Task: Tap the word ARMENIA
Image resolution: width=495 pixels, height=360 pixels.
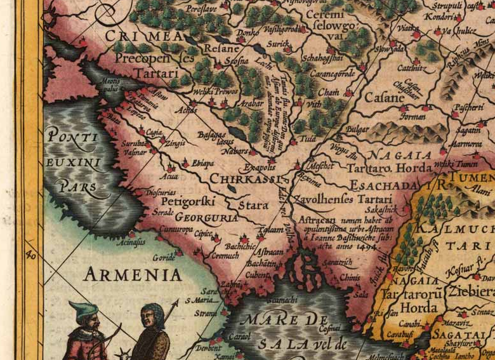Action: coord(133,274)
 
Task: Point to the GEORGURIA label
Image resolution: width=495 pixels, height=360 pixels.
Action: coord(198,217)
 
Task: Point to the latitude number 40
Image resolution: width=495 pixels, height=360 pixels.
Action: coord(29,255)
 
